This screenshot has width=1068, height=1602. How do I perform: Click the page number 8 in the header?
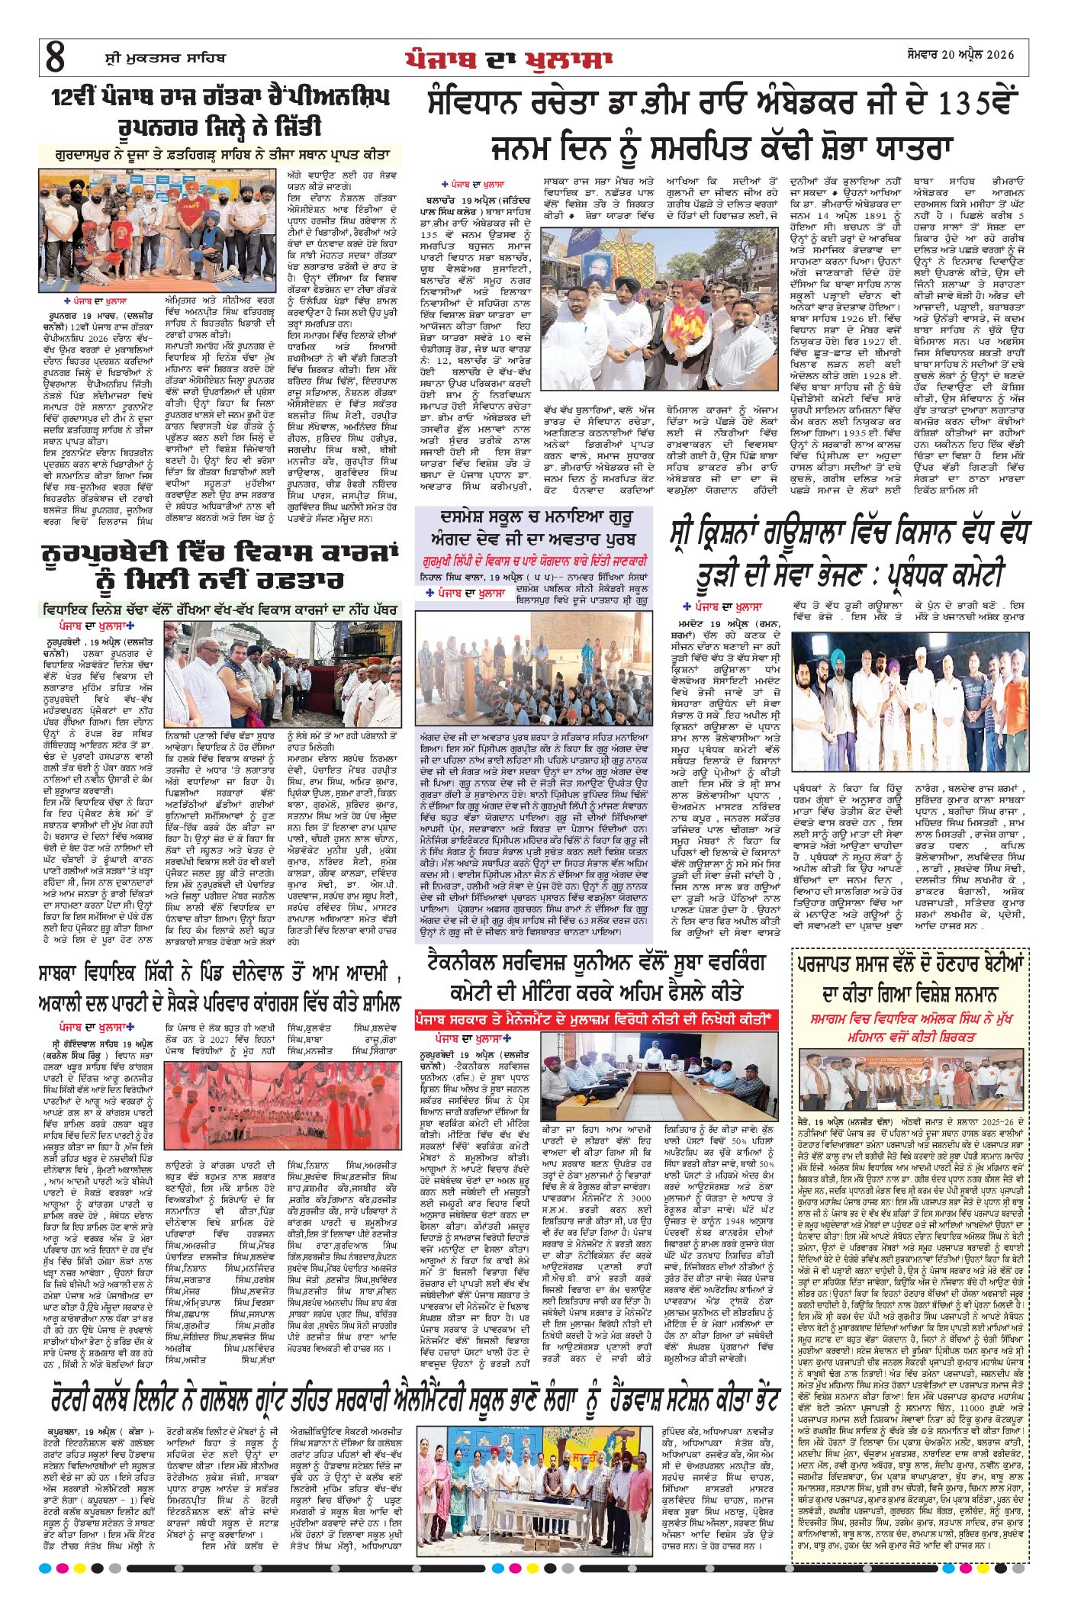pos(55,58)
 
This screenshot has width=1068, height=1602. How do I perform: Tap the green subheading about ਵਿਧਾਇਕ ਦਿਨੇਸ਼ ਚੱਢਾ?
pos(220,610)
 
